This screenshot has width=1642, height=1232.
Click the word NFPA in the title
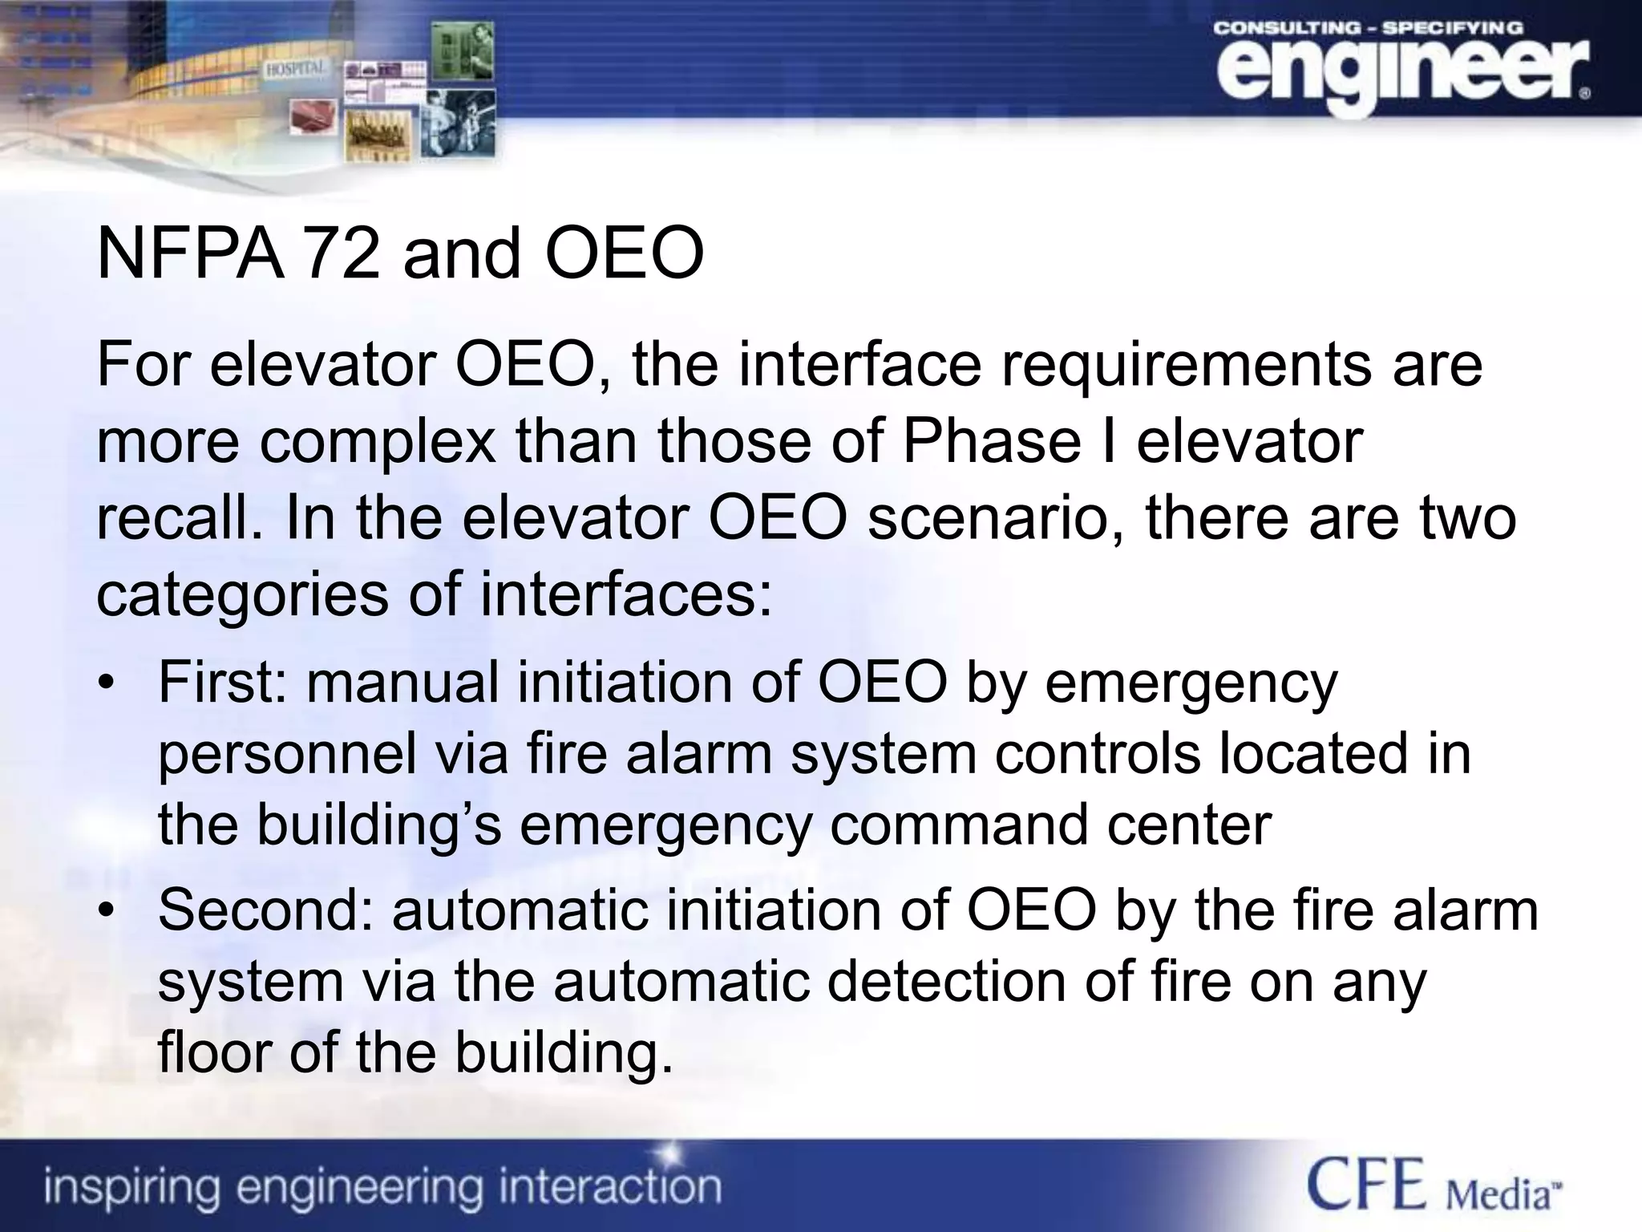[190, 254]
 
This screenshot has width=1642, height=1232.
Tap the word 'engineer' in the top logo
[1400, 75]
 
